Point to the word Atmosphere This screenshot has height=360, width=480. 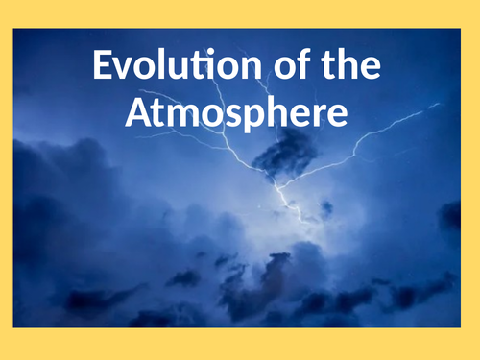(x=236, y=113)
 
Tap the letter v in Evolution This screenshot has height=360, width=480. (x=125, y=71)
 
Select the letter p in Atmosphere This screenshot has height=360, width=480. (x=251, y=117)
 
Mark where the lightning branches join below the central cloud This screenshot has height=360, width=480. (x=280, y=182)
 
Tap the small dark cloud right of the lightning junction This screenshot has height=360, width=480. (x=326, y=206)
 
